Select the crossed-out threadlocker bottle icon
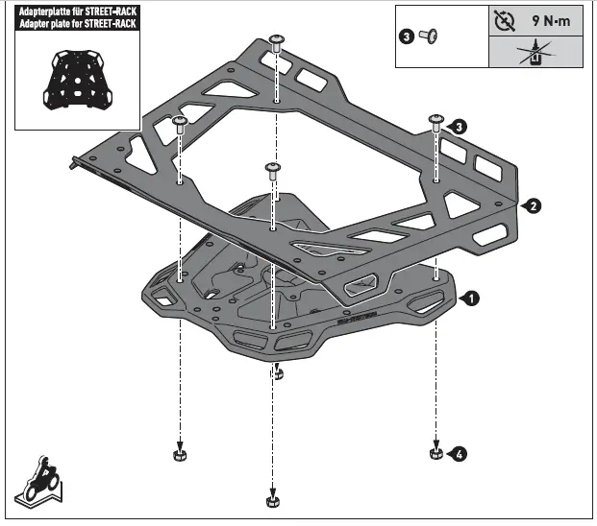coord(528,53)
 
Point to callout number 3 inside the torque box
coord(406,36)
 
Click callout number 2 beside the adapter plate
coord(534,204)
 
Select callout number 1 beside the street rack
coord(470,299)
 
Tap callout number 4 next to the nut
coord(460,454)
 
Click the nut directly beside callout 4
coord(435,451)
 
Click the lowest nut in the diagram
coord(273,499)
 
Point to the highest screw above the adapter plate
coord(277,39)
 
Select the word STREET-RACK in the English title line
coord(111,24)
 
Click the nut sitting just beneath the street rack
coord(277,371)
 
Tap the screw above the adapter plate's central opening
coord(273,169)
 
